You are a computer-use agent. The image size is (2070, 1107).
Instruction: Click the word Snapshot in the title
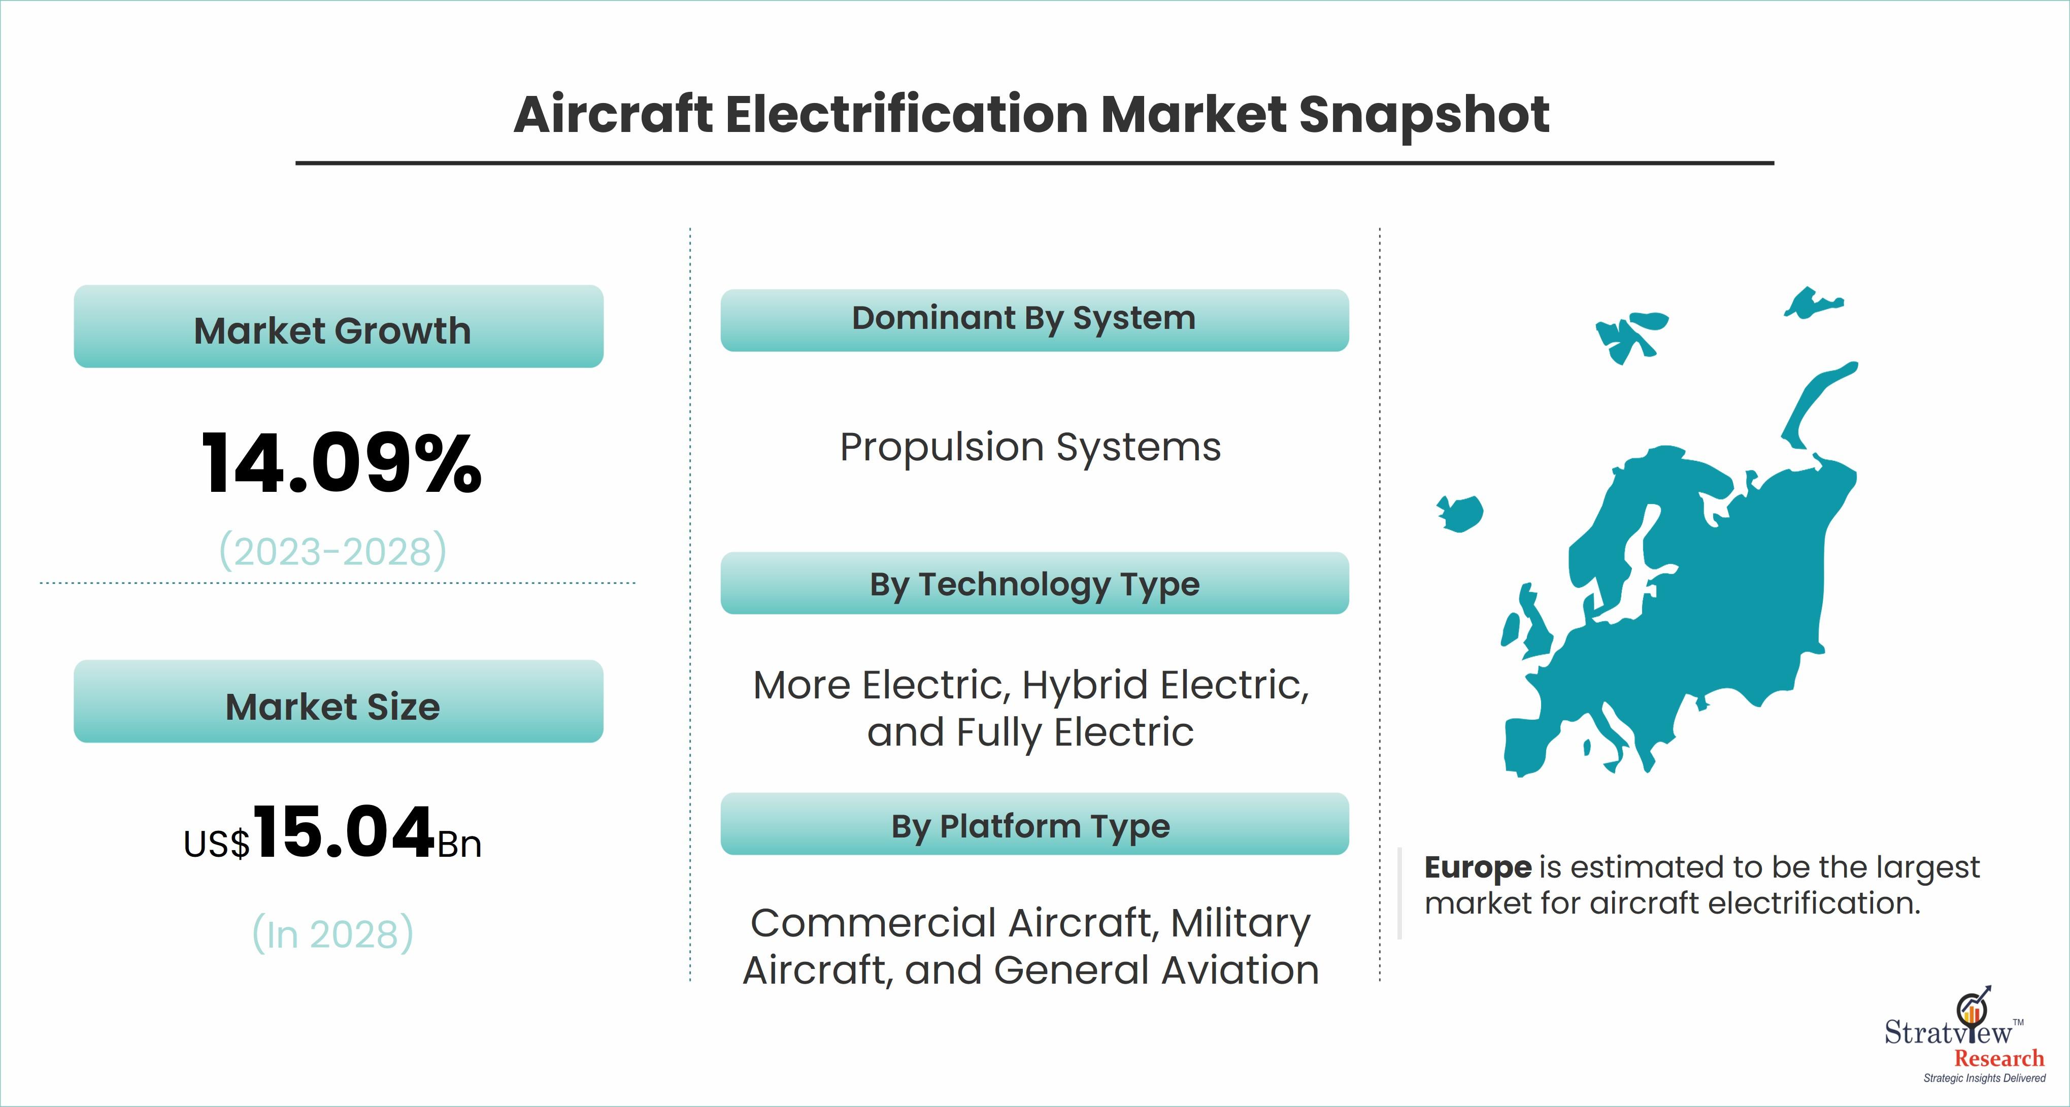[1424, 115]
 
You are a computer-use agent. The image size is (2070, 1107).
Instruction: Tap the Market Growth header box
[338, 326]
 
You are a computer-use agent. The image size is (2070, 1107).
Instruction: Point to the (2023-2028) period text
[332, 551]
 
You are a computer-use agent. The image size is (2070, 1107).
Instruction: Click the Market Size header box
[338, 701]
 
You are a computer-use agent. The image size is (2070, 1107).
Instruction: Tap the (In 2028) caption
[332, 933]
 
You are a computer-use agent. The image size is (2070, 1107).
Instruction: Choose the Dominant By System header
[1034, 320]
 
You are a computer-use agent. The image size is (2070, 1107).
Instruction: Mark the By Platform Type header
[1034, 824]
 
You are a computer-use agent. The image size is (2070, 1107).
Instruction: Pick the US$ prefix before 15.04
[217, 844]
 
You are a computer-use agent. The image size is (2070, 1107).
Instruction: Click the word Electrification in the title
[907, 115]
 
